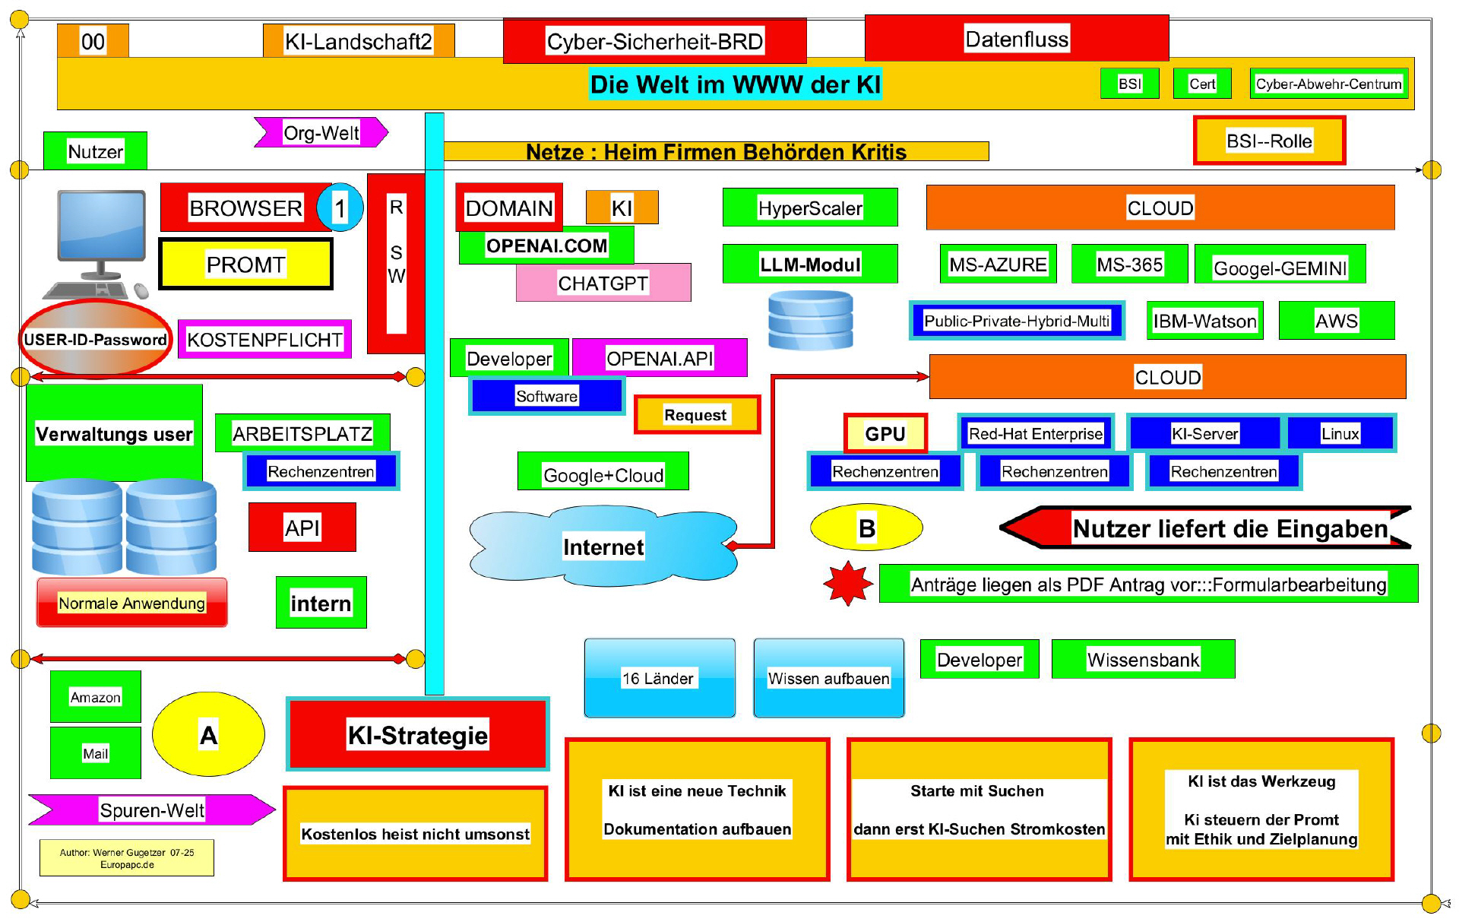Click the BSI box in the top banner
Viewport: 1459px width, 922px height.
(x=1129, y=84)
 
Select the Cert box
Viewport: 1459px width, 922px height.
(x=1202, y=84)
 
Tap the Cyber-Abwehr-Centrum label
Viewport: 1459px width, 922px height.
(x=1328, y=84)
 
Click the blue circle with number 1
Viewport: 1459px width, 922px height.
(x=339, y=208)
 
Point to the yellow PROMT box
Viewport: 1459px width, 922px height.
(x=245, y=265)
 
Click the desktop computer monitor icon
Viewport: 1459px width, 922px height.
(x=102, y=228)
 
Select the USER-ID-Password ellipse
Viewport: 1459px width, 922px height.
(x=95, y=339)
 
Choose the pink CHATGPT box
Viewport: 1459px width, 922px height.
(x=603, y=283)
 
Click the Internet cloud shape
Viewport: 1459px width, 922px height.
(x=603, y=547)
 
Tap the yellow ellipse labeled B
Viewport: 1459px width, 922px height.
(x=866, y=528)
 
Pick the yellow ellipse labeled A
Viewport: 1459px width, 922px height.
(x=208, y=734)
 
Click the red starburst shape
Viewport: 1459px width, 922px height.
(x=848, y=584)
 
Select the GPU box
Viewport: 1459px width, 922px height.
(x=885, y=433)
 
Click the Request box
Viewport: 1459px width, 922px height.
(x=696, y=415)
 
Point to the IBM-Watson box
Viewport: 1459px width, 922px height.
(x=1204, y=321)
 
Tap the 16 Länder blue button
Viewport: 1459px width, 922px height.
(x=659, y=678)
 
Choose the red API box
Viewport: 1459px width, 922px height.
(x=302, y=527)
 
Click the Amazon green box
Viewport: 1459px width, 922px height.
(x=95, y=696)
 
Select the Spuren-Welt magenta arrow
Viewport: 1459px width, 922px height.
(x=152, y=810)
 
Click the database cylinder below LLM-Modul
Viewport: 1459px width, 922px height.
(x=810, y=320)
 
